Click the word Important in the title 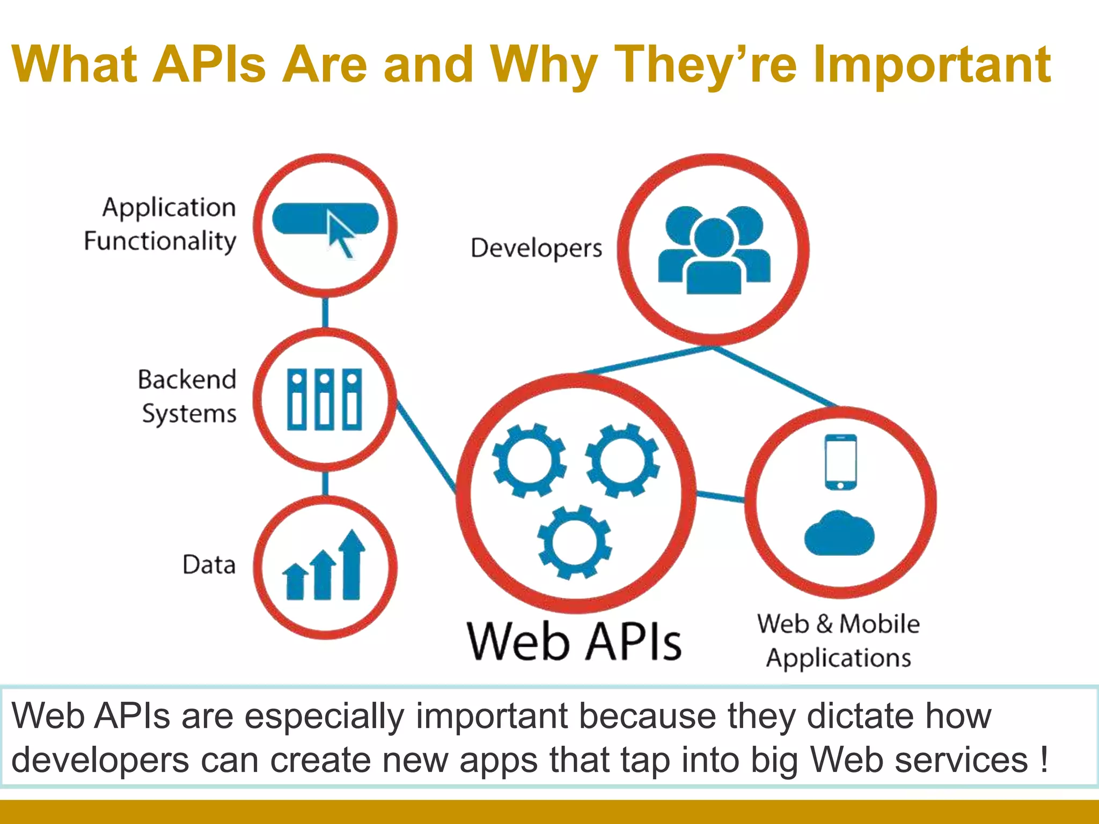click(x=932, y=65)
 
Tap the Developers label click(x=536, y=248)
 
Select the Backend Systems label click(x=187, y=396)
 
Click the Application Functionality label click(x=160, y=224)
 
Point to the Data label click(x=209, y=565)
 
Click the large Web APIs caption click(x=574, y=642)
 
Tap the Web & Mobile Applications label click(x=838, y=641)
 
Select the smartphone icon click(x=840, y=462)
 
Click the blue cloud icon click(x=839, y=534)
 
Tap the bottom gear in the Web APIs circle click(x=575, y=542)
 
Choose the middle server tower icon click(x=324, y=400)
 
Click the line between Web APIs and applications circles click(x=720, y=496)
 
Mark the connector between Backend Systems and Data click(x=325, y=483)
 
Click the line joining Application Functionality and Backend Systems click(x=325, y=312)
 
